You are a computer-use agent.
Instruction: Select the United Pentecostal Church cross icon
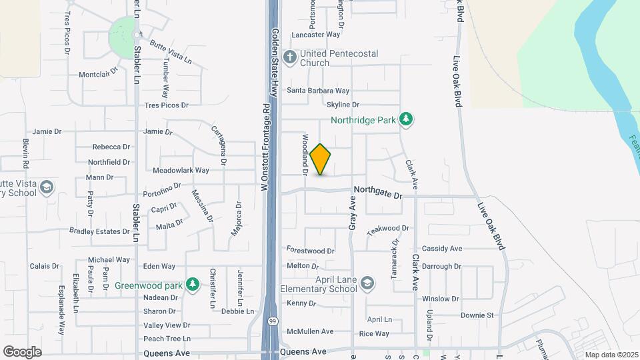point(289,57)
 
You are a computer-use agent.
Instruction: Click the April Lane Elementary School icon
point(367,284)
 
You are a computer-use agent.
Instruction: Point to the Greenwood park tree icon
point(193,285)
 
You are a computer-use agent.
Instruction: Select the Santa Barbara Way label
point(318,91)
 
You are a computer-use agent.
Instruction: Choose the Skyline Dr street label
point(343,105)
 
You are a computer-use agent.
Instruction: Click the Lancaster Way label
point(316,34)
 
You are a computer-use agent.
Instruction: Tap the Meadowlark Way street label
point(181,170)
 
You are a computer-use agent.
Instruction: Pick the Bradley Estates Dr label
point(99,231)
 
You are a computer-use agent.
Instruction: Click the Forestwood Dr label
point(310,251)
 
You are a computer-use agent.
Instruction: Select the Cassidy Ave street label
point(442,249)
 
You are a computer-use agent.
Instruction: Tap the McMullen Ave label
point(309,331)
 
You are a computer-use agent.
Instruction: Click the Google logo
point(22,351)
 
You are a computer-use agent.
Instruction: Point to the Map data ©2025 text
point(611,355)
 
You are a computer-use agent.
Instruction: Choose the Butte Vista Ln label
point(171,52)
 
